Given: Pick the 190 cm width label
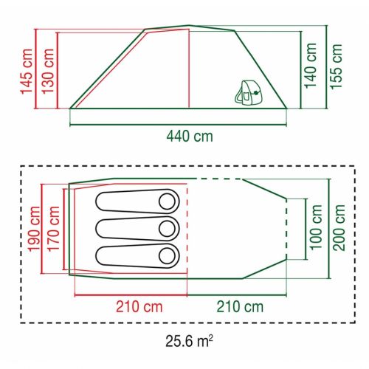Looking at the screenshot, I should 34,228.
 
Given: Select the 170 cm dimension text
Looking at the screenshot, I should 55,228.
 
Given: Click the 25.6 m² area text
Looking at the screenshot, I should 188,342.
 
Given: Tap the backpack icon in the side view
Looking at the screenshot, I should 251,90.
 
